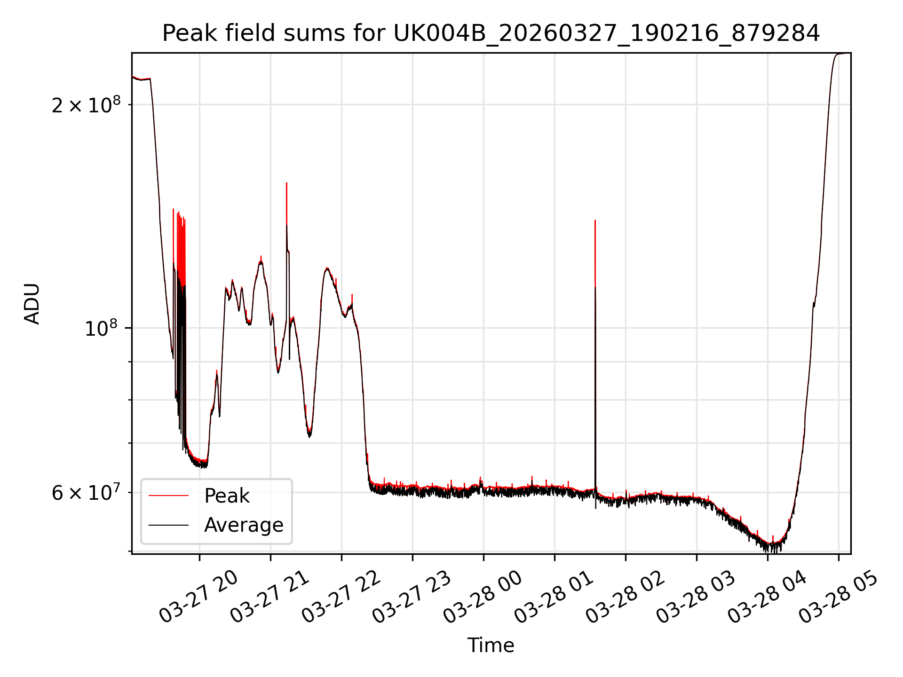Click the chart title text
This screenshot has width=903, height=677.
[x=491, y=33]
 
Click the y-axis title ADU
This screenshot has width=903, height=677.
[x=32, y=304]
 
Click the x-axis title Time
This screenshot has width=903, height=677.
[x=491, y=645]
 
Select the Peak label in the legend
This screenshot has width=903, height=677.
[x=227, y=496]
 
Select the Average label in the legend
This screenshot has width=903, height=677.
[x=244, y=525]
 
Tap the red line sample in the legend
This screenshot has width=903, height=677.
[x=168, y=496]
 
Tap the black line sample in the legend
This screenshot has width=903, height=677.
[x=168, y=525]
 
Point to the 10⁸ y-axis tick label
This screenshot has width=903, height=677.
[x=101, y=328]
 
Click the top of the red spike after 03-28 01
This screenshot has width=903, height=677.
[x=595, y=220]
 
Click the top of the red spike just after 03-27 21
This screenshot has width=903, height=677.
[x=286, y=183]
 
